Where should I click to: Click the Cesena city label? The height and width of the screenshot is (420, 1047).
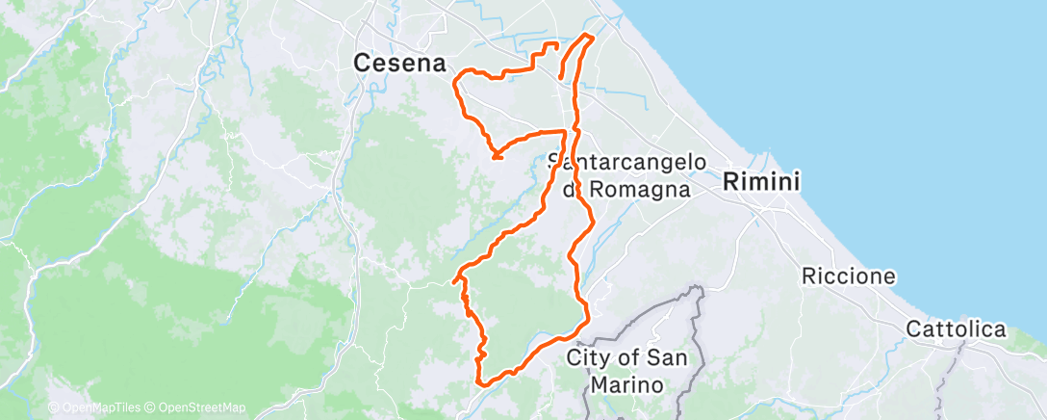(x=400, y=64)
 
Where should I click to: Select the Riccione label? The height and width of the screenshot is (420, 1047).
(x=849, y=276)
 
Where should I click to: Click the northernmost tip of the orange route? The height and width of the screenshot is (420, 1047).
(x=586, y=36)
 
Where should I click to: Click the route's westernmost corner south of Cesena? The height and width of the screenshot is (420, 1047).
(x=453, y=281)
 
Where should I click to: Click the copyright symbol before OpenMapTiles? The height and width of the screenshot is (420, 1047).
(x=53, y=407)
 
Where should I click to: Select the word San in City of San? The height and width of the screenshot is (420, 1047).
(x=667, y=358)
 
